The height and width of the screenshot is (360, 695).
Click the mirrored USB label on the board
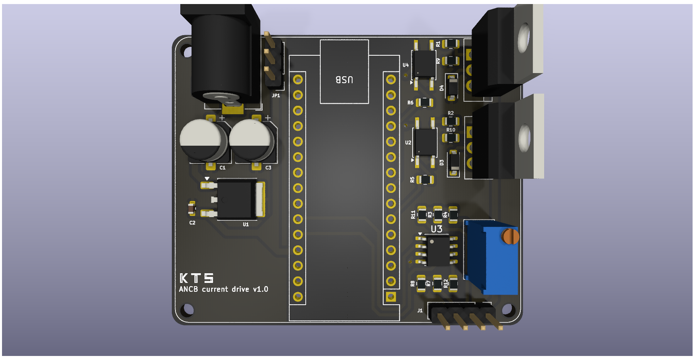pyautogui.click(x=344, y=80)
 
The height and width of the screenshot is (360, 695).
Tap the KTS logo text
pyautogui.click(x=196, y=278)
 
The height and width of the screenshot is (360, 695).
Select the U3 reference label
pyautogui.click(x=436, y=229)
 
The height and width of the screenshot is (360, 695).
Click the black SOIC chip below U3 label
pyautogui.click(x=437, y=251)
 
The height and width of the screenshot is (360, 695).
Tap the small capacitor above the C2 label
pyautogui.click(x=192, y=208)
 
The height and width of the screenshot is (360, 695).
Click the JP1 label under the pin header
pyautogui.click(x=276, y=96)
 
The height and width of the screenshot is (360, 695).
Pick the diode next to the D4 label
pyautogui.click(x=453, y=87)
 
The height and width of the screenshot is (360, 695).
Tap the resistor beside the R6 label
pyautogui.click(x=425, y=103)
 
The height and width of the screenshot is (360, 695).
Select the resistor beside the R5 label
pyautogui.click(x=425, y=180)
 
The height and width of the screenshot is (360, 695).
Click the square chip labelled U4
pyautogui.click(x=424, y=64)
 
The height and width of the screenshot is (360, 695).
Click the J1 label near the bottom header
pyautogui.click(x=420, y=310)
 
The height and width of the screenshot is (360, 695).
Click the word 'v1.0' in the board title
pyautogui.click(x=261, y=289)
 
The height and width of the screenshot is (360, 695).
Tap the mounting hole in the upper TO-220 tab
pyautogui.click(x=524, y=37)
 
